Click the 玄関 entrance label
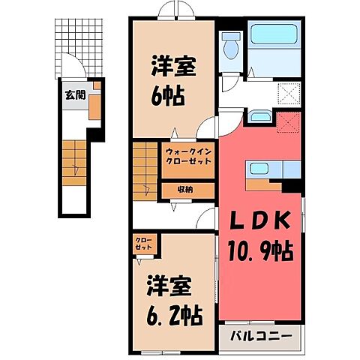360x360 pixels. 73,95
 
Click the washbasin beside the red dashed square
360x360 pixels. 260,116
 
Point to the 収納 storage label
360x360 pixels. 185,189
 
